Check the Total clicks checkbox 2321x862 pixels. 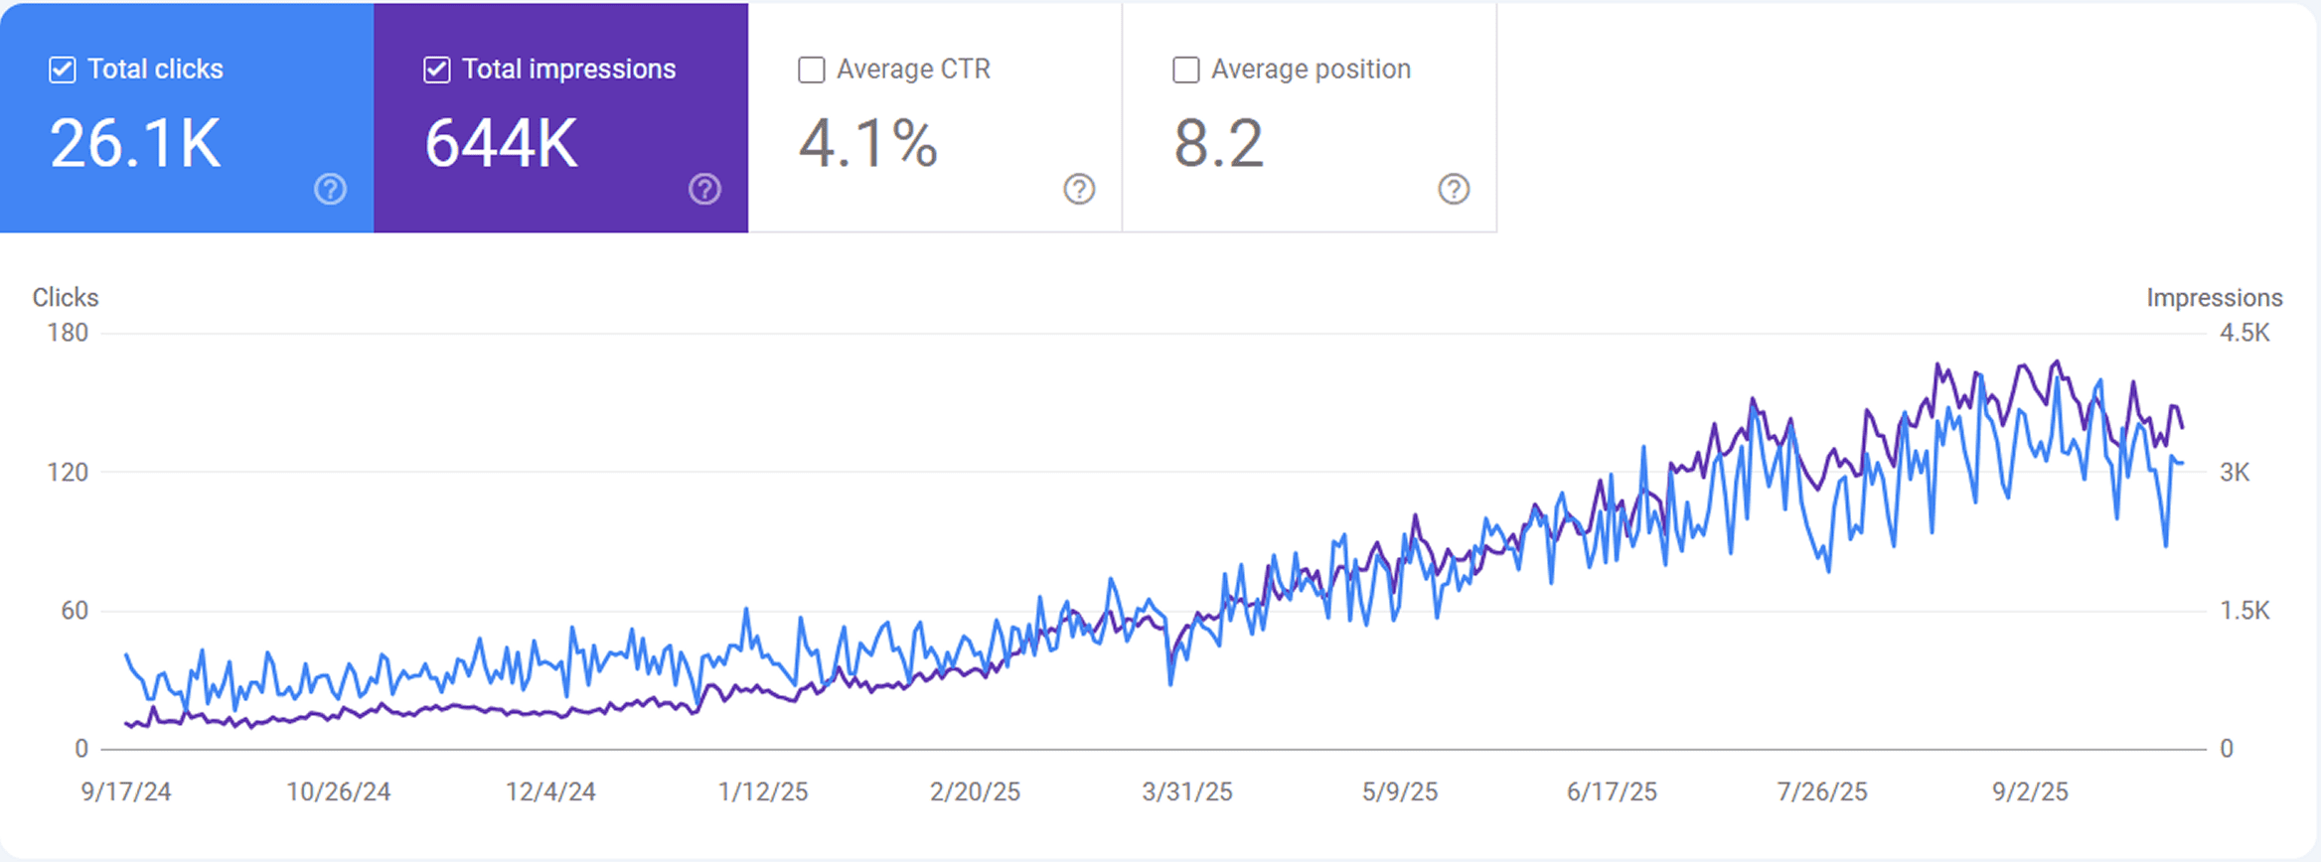[63, 70]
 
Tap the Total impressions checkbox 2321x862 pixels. [437, 70]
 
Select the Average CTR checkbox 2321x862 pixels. [812, 70]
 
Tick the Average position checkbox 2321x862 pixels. [1186, 70]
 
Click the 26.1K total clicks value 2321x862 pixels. [135, 144]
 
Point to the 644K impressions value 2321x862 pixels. [501, 144]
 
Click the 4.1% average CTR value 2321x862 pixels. [868, 144]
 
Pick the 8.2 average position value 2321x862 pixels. [1219, 144]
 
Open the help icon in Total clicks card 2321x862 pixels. [330, 189]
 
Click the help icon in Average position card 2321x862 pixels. [1454, 189]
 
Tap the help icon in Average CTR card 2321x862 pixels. [1079, 189]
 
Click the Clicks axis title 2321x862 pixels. [66, 297]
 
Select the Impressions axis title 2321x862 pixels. [2214, 297]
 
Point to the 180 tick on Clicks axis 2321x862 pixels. [68, 333]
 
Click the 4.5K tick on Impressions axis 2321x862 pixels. [2244, 333]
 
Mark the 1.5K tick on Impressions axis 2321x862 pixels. [2244, 611]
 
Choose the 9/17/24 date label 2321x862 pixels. [126, 791]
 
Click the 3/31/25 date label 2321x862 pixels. [1186, 791]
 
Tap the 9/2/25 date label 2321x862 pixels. [2030, 791]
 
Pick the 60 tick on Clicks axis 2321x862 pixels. [75, 611]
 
